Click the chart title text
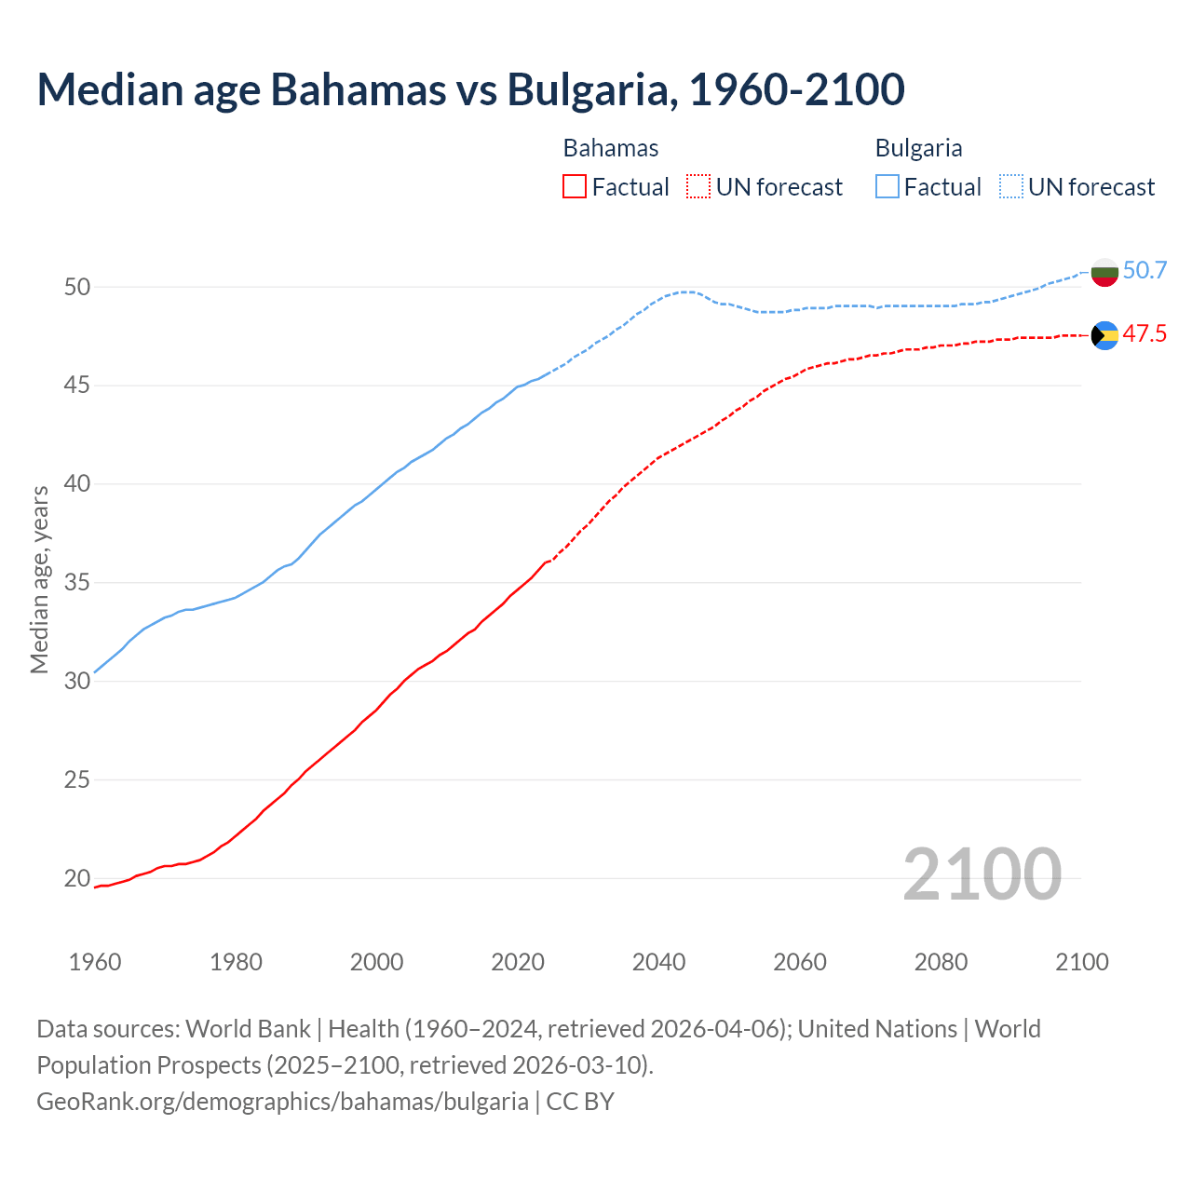[470, 89]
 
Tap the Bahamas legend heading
[611, 148]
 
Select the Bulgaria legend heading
[918, 148]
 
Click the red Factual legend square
[575, 187]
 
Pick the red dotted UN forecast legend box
[698, 187]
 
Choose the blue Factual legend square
[887, 187]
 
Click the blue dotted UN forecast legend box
[1011, 187]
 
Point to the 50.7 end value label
[1145, 271]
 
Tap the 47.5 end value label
[1145, 334]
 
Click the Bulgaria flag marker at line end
[1104, 272]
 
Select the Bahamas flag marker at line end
[1104, 335]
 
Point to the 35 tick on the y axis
[77, 583]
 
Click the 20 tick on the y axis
[77, 878]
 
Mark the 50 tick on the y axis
[77, 287]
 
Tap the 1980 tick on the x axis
[236, 962]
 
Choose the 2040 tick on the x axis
[658, 962]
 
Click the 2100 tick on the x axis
[1081, 962]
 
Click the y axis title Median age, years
[39, 579]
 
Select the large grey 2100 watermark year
[982, 874]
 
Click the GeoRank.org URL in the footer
[282, 1102]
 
